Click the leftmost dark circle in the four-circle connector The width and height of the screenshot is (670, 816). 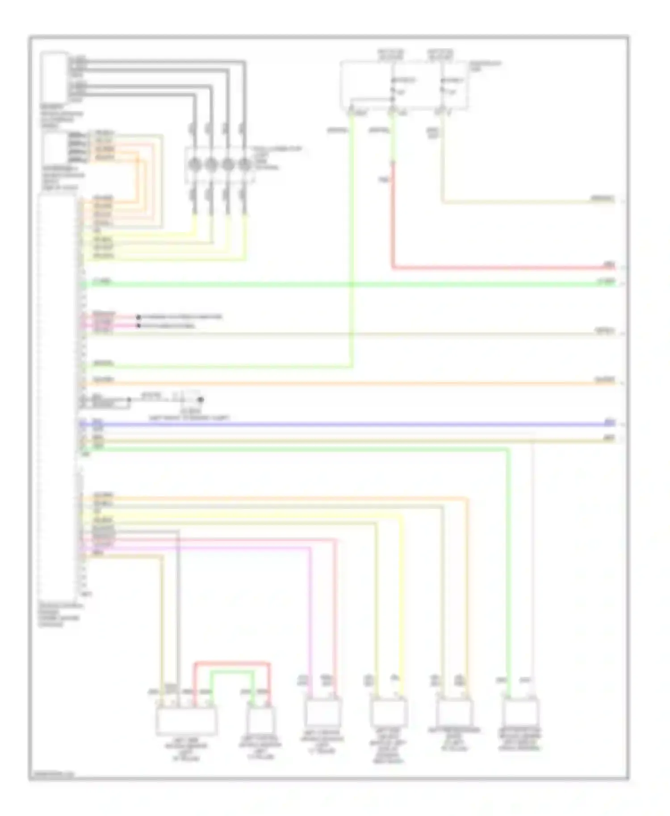pos(194,165)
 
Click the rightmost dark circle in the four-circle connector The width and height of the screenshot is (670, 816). pos(244,165)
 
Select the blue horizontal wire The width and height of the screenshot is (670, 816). pos(348,424)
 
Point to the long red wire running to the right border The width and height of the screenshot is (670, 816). pos(500,268)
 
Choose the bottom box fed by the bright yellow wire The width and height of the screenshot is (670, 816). pos(389,713)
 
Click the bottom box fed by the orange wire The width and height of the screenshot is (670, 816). pos(454,713)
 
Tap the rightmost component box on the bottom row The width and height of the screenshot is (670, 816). pos(520,713)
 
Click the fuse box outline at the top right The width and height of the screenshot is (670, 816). pos(404,85)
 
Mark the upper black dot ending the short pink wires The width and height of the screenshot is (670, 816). pos(138,317)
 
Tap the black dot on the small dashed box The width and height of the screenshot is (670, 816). pos(201,400)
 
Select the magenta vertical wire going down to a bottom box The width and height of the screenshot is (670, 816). pos(310,620)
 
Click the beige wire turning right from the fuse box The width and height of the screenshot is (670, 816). pos(527,203)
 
